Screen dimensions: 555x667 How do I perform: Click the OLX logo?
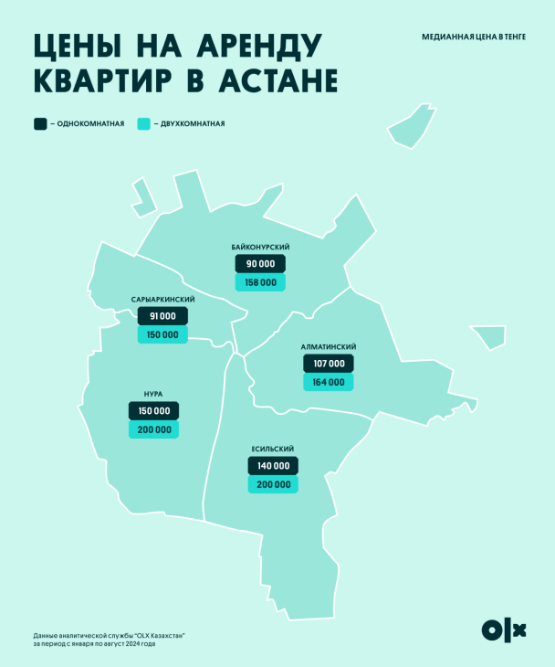coord(504,630)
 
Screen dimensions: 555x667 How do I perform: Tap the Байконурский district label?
coord(260,248)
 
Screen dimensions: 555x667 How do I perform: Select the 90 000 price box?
coord(260,264)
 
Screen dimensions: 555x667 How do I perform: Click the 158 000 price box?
coord(260,283)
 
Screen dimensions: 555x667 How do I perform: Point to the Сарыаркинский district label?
coord(162,300)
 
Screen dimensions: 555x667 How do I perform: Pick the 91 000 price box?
coord(162,316)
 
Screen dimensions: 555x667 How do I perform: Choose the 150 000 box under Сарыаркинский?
coord(162,335)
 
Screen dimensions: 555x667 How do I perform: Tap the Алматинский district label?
coord(328,347)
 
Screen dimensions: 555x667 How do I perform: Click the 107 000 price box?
coord(328,364)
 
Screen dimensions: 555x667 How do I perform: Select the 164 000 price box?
coord(328,383)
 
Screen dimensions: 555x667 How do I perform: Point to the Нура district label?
coord(153,395)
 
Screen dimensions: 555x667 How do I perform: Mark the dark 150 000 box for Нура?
coord(153,411)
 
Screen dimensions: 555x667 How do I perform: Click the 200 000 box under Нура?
coord(153,430)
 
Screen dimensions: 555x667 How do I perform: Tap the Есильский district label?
coord(272,450)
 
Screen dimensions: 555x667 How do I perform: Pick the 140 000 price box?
coord(272,466)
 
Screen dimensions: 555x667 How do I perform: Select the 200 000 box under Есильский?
coord(272,485)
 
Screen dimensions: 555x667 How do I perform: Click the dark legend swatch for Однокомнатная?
coord(40,123)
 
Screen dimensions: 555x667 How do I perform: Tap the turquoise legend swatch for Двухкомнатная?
coord(143,123)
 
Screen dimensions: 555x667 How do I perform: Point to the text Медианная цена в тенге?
coord(473,37)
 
